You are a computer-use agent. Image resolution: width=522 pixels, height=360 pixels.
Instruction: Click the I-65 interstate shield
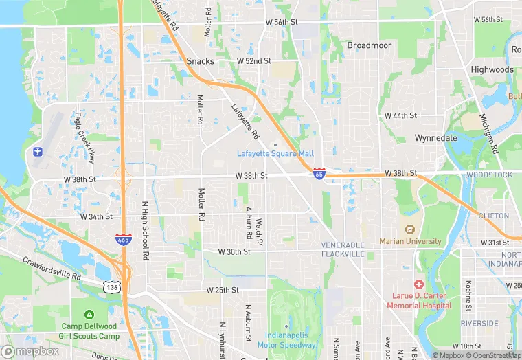coord(319,173)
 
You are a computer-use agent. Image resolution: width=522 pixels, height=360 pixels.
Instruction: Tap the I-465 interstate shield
coord(121,239)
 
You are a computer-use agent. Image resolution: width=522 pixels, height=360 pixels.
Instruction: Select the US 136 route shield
coord(111,286)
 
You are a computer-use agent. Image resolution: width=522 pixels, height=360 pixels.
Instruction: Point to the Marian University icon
coord(411,229)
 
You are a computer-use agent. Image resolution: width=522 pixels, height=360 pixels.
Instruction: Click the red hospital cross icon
coord(418,284)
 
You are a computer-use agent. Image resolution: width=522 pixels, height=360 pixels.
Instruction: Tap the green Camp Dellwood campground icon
coord(89,315)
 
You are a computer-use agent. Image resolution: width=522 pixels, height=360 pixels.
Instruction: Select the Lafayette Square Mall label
coord(275,153)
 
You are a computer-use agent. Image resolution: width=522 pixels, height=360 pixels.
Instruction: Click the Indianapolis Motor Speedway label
coord(291,340)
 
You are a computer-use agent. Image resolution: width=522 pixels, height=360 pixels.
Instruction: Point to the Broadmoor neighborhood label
coord(369,45)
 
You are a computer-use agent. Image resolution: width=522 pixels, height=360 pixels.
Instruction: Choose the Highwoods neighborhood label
coord(492,70)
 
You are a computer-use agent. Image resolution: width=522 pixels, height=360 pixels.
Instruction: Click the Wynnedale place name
coord(436,138)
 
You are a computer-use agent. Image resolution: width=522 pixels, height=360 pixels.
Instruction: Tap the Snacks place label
coord(201,61)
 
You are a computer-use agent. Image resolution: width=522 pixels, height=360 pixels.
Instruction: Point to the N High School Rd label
coord(145,230)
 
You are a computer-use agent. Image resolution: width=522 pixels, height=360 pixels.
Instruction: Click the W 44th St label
coord(400,115)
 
